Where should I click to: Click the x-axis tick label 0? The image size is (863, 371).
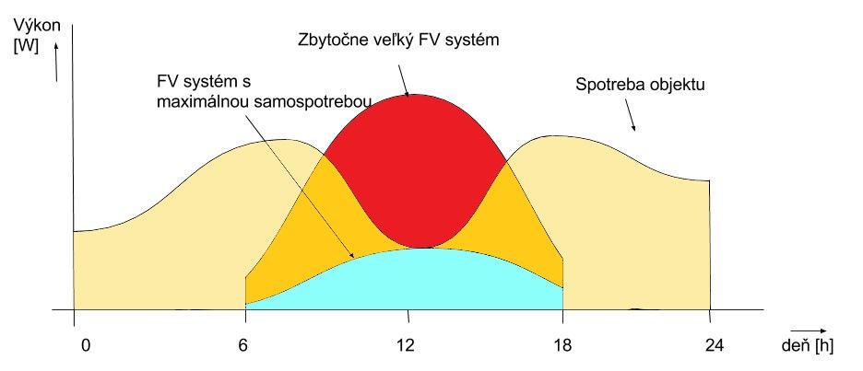tap(86, 346)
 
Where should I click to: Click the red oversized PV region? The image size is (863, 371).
tap(415, 166)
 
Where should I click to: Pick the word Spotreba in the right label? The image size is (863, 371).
tap(604, 87)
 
